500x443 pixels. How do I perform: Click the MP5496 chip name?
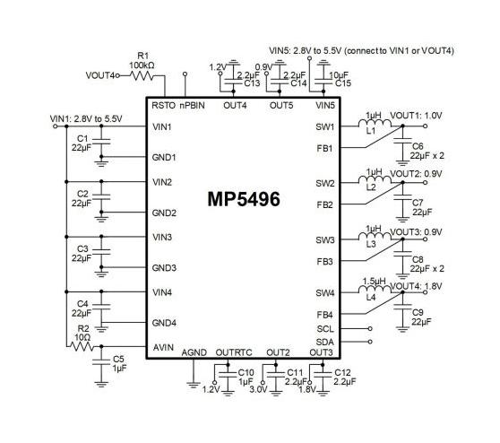pyautogui.click(x=244, y=199)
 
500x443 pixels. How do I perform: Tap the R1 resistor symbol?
pyautogui.click(x=142, y=76)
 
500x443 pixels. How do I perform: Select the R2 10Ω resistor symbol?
pyautogui.click(x=82, y=346)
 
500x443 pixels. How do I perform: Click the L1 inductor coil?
pyautogui.click(x=375, y=123)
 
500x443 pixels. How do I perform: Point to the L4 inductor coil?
pyautogui.click(x=375, y=289)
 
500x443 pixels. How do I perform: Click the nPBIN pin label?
pyautogui.click(x=192, y=105)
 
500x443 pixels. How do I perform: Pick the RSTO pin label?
pyautogui.click(x=163, y=105)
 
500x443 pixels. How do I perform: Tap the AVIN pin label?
pyautogui.click(x=163, y=347)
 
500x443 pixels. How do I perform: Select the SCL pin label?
pyautogui.click(x=325, y=329)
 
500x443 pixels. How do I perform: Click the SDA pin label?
pyautogui.click(x=325, y=342)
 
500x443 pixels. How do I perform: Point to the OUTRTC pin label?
pyautogui.click(x=234, y=352)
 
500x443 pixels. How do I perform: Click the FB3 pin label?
pyautogui.click(x=324, y=262)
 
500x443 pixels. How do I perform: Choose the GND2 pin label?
pyautogui.click(x=164, y=213)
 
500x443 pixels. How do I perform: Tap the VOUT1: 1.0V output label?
pyautogui.click(x=416, y=116)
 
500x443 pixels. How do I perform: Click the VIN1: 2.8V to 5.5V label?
pyautogui.click(x=86, y=119)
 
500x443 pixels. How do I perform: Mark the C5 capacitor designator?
pyautogui.click(x=118, y=360)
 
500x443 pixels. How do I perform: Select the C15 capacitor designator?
pyautogui.click(x=343, y=83)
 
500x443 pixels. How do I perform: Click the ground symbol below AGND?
pyautogui.click(x=194, y=385)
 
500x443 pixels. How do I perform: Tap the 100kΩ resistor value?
pyautogui.click(x=142, y=65)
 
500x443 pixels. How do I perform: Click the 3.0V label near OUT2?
pyautogui.click(x=258, y=389)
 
